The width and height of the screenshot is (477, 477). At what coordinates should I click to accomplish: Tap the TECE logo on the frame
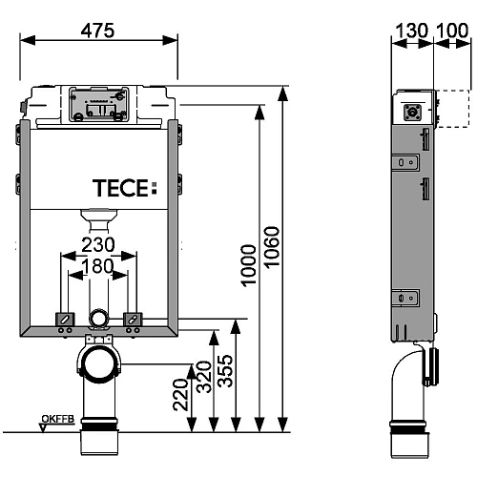coord(121,186)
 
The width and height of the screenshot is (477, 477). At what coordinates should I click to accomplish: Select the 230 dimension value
coord(97,245)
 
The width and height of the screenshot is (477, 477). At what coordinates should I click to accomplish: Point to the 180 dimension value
coord(97,268)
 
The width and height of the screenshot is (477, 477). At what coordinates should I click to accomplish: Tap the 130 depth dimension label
coord(413,31)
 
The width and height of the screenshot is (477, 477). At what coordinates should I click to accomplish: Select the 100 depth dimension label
coord(452,31)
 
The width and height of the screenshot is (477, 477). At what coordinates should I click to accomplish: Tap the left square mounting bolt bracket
coord(66,319)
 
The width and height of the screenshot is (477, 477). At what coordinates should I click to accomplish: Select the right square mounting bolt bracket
coord(132,319)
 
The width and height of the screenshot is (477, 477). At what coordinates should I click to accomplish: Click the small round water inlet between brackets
coord(98,319)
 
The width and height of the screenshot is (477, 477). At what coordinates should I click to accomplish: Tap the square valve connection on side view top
coord(415,111)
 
